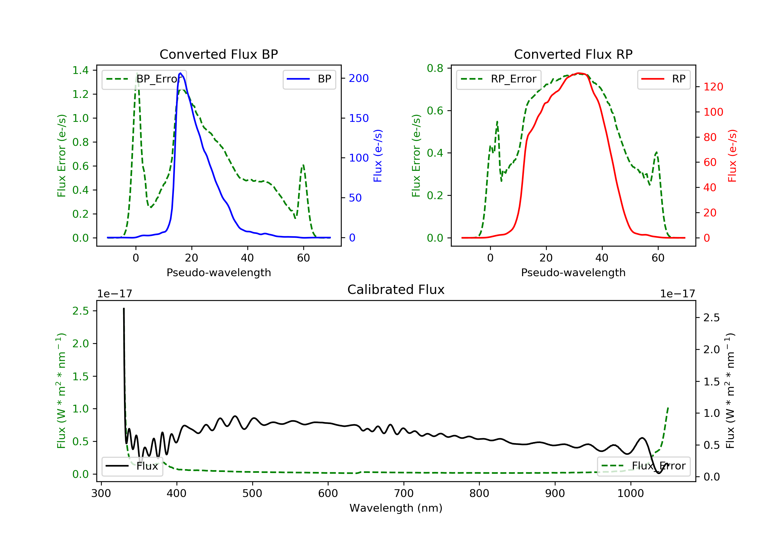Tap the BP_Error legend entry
tap(144, 79)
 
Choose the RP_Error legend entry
tap(499, 79)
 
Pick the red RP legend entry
tap(663, 79)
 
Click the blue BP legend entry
tap(309, 79)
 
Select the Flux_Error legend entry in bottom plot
tap(643, 466)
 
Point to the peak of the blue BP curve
tap(180, 73)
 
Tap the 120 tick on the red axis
tap(713, 87)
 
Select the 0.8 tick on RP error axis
tap(435, 68)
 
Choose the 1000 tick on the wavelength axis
tap(630, 494)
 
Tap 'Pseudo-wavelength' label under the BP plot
tap(219, 273)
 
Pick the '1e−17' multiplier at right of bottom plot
tap(677, 294)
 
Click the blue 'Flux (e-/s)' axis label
tap(378, 156)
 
